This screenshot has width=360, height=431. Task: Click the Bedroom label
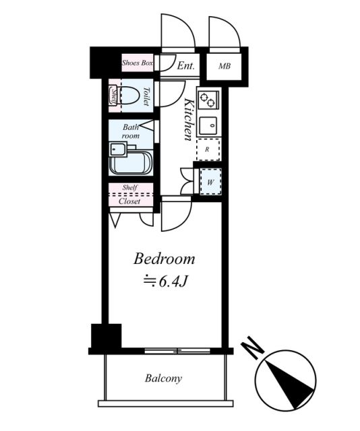click(x=164, y=259)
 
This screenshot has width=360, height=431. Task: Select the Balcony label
click(x=164, y=378)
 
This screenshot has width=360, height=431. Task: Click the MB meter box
click(x=224, y=66)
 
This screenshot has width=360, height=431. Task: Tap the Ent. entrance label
click(x=186, y=66)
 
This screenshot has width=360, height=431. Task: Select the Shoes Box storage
click(x=138, y=63)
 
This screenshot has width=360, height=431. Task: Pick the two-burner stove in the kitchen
click(x=208, y=100)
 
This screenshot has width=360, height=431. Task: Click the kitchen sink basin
click(x=208, y=126)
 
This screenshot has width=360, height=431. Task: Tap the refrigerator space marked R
click(x=208, y=150)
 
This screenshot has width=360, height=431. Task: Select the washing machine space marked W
click(x=210, y=182)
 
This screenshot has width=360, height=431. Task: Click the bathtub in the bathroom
click(x=131, y=164)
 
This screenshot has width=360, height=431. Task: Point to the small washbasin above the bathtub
click(x=118, y=150)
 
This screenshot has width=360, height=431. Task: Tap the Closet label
click(x=129, y=201)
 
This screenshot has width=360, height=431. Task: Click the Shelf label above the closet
click(x=130, y=188)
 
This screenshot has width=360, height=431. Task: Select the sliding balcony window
click(x=177, y=351)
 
